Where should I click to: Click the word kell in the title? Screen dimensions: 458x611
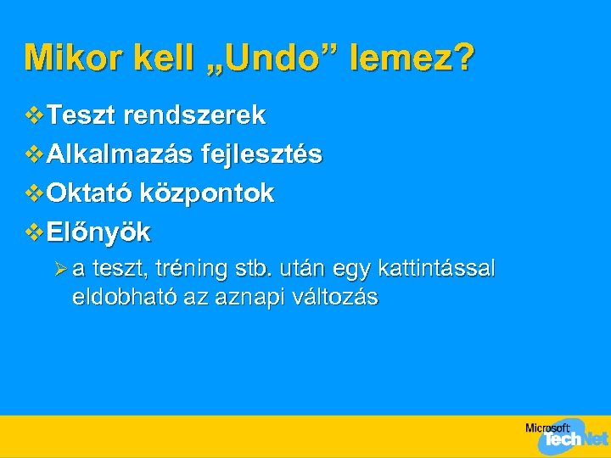[154, 58]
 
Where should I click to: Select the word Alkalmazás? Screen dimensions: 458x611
[119, 154]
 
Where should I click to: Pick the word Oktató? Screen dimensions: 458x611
[89, 193]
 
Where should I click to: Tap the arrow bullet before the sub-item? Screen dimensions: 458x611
[60, 270]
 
